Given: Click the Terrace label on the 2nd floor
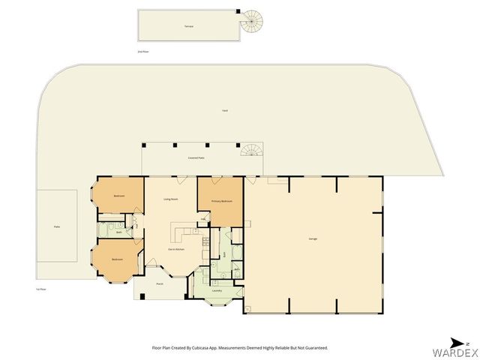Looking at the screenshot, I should click(x=189, y=26).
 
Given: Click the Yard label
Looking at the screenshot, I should click(x=224, y=110).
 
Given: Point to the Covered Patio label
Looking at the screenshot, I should click(x=196, y=157).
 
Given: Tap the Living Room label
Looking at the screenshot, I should click(x=170, y=199).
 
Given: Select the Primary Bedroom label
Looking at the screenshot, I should click(x=221, y=202).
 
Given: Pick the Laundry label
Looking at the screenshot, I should click(x=217, y=289).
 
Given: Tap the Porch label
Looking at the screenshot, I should click(x=160, y=284).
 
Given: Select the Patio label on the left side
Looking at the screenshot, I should click(x=56, y=226).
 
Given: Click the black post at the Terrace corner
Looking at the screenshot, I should click(x=238, y=11).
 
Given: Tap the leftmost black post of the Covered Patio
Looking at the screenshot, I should click(x=144, y=144).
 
